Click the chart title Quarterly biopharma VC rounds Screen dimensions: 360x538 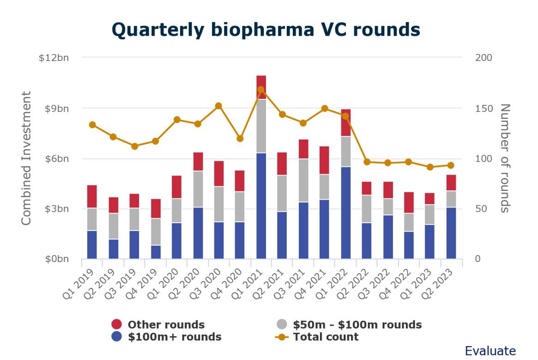(266, 30)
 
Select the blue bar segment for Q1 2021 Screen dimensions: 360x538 (261, 206)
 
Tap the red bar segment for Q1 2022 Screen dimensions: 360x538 (346, 122)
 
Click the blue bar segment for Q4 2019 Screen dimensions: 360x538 (156, 252)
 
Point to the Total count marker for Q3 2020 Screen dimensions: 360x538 (219, 106)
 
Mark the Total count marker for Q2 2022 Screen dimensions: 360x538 (367, 162)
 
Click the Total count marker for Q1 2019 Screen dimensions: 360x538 (92, 125)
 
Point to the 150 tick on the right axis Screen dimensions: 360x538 (484, 108)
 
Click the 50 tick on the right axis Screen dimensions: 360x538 (481, 209)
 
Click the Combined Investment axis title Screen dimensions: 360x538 (26, 158)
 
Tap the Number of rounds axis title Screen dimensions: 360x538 (505, 158)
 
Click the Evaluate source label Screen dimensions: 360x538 (490, 351)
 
